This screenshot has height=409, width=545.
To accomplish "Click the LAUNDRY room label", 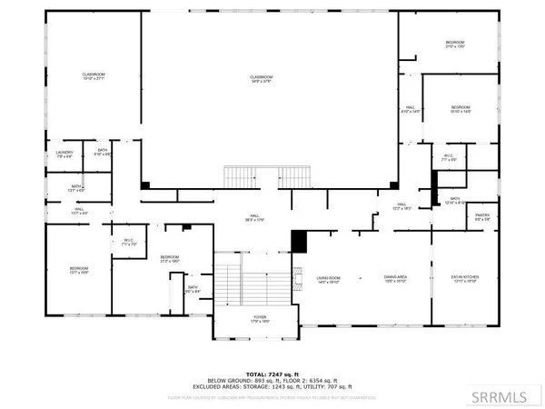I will [64, 153].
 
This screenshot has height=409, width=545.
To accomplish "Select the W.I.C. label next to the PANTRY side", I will [448, 157].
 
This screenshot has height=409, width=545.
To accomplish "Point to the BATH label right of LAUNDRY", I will [103, 151].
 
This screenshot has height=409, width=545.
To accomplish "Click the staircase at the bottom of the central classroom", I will [268, 175].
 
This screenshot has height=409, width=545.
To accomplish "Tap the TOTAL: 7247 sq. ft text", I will [267, 374].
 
